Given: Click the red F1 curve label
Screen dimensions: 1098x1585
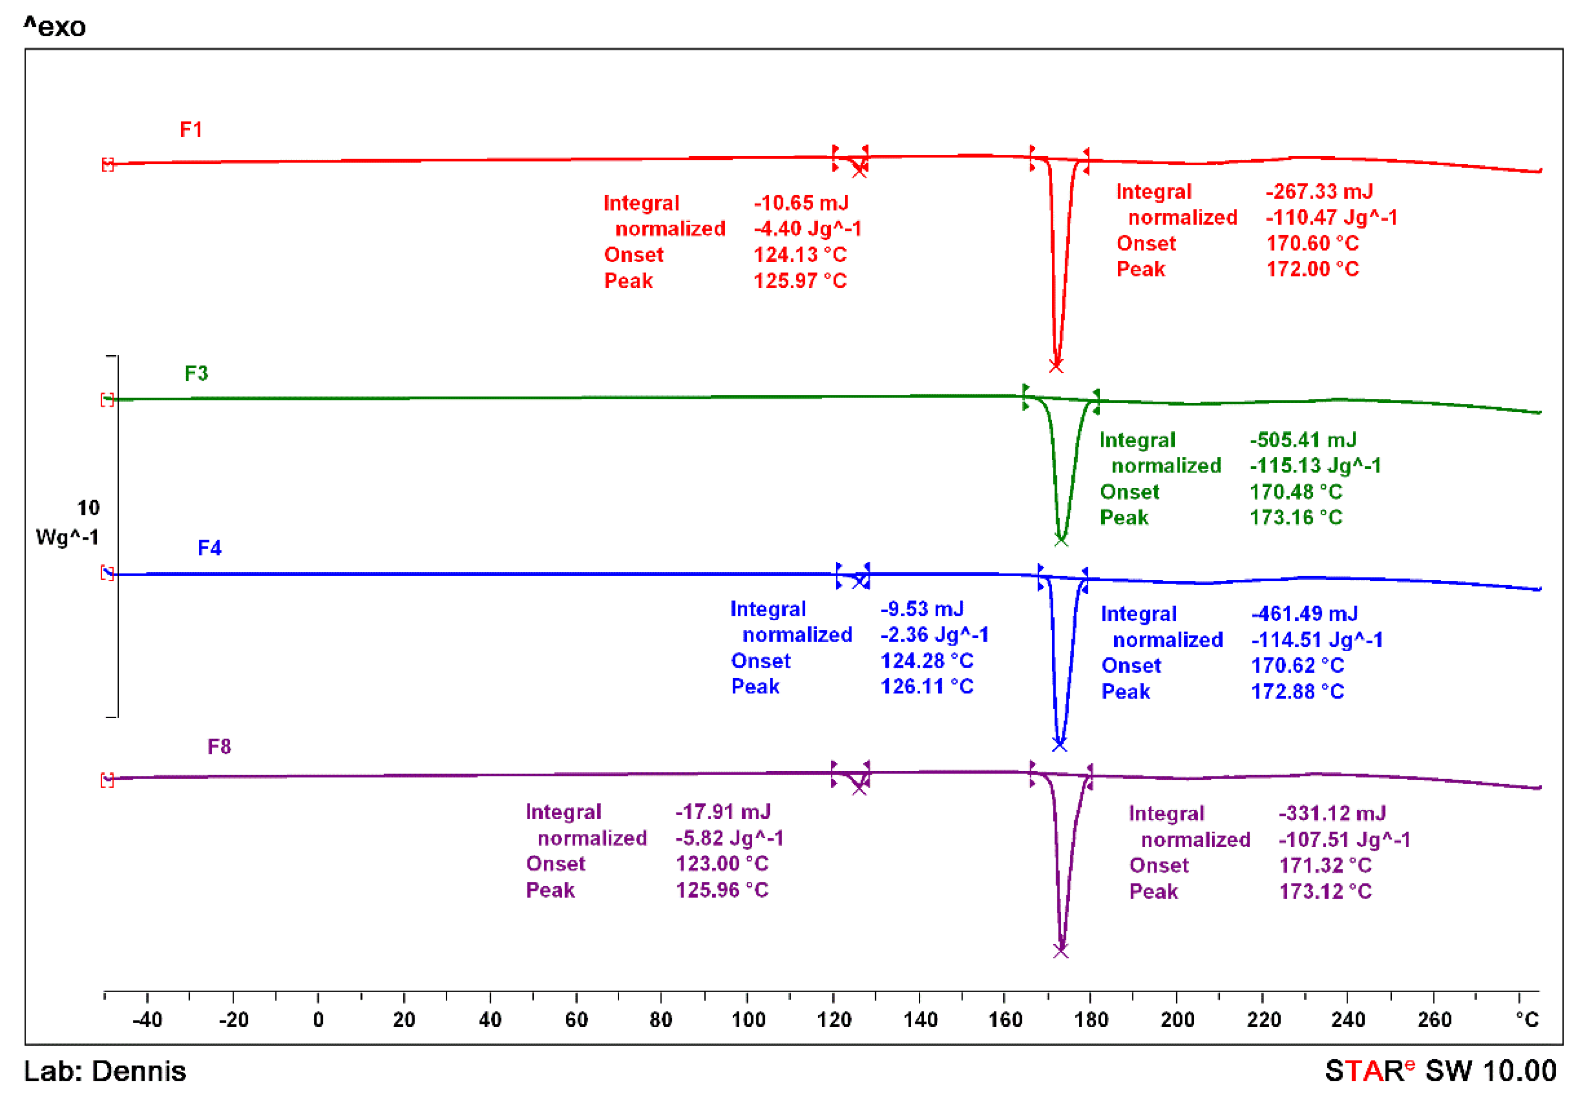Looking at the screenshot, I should point(190,129).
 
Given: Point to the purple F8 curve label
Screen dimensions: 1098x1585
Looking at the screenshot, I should point(219,747).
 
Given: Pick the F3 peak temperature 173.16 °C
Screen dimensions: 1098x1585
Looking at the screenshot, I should point(1295,517).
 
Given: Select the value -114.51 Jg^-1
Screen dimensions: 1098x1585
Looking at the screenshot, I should point(1317,640).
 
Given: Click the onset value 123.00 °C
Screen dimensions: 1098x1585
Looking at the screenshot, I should point(722,863).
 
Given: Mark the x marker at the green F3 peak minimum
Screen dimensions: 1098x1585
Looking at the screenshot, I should point(1061,540).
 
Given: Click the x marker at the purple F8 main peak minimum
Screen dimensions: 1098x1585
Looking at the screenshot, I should point(1061,951).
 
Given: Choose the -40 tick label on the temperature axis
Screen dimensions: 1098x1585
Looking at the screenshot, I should point(147,1020).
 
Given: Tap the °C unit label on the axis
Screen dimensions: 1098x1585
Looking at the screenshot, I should point(1527,1020).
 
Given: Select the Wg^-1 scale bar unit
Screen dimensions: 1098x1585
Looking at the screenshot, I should point(67,537).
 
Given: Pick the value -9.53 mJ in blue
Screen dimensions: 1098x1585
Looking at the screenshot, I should point(922,609).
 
